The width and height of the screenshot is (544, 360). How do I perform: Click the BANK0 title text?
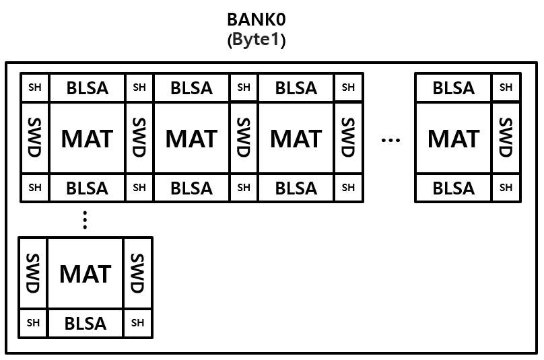(x=256, y=19)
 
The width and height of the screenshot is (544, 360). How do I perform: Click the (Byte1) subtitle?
(x=257, y=40)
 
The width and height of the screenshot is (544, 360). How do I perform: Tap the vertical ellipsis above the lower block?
(x=85, y=220)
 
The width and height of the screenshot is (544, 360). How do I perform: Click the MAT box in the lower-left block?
(x=85, y=274)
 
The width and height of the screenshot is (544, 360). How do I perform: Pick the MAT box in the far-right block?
(x=453, y=139)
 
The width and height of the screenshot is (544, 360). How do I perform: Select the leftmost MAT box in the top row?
(x=88, y=139)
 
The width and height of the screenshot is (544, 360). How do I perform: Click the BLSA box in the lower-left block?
(x=85, y=324)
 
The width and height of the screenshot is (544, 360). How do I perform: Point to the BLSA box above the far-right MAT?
(x=453, y=87)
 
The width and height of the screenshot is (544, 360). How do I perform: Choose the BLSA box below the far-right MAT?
(x=453, y=188)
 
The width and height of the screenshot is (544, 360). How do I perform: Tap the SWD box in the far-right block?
(x=506, y=138)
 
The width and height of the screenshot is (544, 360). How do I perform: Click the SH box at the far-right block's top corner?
(x=506, y=87)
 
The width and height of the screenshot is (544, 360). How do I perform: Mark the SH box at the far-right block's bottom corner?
(x=506, y=188)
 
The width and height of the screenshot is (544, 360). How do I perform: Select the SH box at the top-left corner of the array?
(x=35, y=87)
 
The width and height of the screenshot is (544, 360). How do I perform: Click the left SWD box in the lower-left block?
(x=32, y=273)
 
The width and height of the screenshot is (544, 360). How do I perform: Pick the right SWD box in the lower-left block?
(x=137, y=273)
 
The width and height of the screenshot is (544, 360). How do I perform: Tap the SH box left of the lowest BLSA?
(x=33, y=323)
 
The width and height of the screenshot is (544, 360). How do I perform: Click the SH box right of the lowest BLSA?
(x=137, y=323)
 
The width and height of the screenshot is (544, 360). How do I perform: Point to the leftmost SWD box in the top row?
(x=35, y=138)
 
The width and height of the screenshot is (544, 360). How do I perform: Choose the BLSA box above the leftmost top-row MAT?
(x=88, y=87)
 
